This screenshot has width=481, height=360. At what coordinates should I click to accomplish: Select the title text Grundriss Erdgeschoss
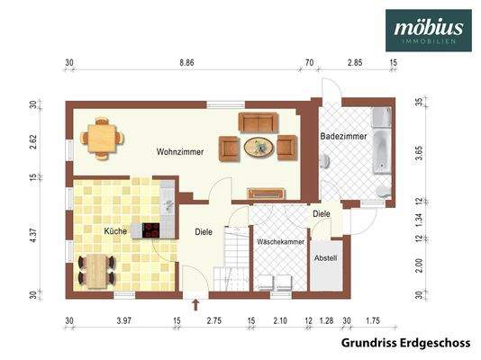(405, 343)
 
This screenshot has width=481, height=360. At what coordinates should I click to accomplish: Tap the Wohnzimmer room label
(179, 153)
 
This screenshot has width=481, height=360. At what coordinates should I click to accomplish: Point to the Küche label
(115, 231)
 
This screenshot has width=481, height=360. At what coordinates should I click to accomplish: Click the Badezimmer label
(343, 136)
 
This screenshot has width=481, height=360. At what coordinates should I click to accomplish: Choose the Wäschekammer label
(279, 243)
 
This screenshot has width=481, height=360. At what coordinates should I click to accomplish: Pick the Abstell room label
(325, 258)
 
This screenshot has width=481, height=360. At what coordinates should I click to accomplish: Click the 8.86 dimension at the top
(186, 64)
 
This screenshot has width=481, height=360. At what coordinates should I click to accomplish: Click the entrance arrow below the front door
(195, 304)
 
